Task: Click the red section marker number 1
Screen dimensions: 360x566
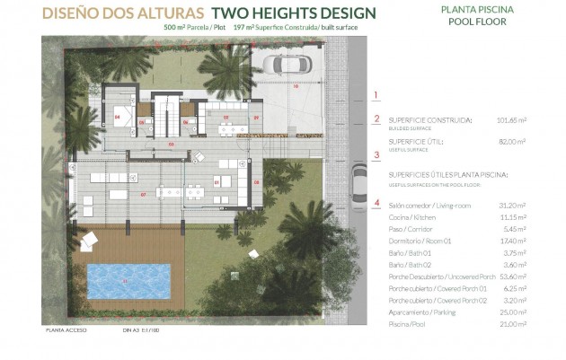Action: [376, 93]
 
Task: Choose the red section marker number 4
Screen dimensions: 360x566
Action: [376, 202]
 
